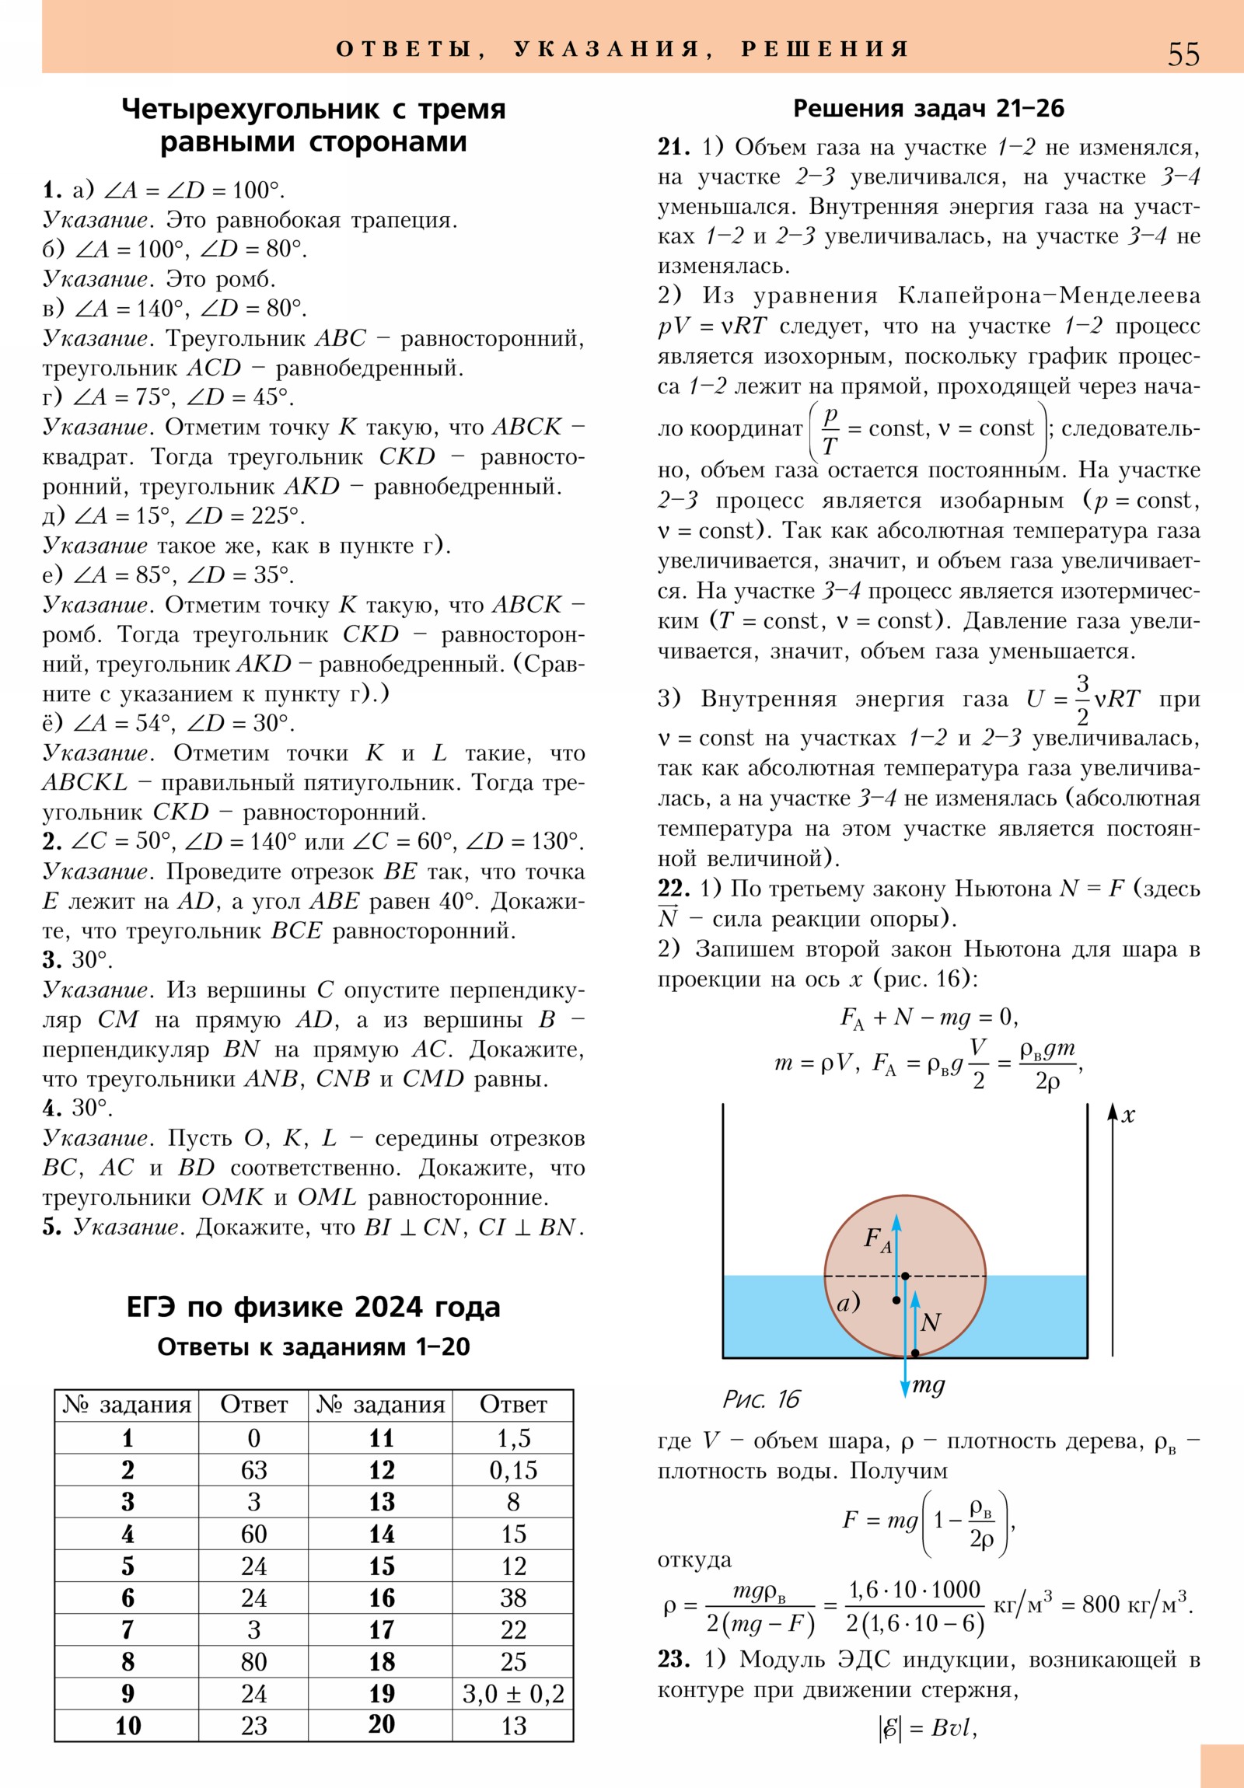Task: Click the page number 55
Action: coord(1183,54)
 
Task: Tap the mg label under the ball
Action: coord(928,1385)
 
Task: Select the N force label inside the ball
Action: coord(930,1322)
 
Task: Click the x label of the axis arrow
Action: coord(1128,1116)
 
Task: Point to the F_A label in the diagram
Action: coord(877,1239)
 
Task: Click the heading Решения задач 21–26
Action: coord(928,108)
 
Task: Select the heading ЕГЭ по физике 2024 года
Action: coord(313,1307)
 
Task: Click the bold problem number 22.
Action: coord(674,889)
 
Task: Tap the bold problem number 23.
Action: coord(674,1660)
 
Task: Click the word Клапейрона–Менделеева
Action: coord(1049,296)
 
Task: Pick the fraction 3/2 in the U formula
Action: coord(1082,700)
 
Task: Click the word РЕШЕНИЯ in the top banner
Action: coord(825,49)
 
